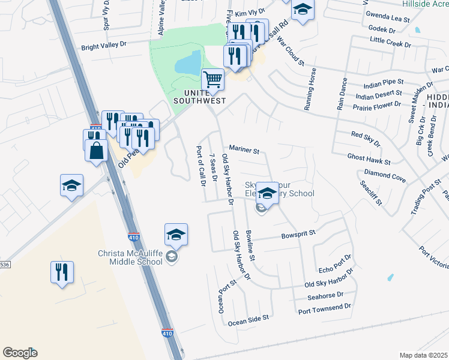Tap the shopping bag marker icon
pos(97,151)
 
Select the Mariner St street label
pos(244,149)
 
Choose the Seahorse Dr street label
pos(324,295)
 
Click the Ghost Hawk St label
pos(369,158)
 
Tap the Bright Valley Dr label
pos(104,46)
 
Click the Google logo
pos(20,353)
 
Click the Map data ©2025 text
pos(423,355)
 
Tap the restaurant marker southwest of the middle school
pos(62,272)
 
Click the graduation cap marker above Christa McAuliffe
pos(176,235)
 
